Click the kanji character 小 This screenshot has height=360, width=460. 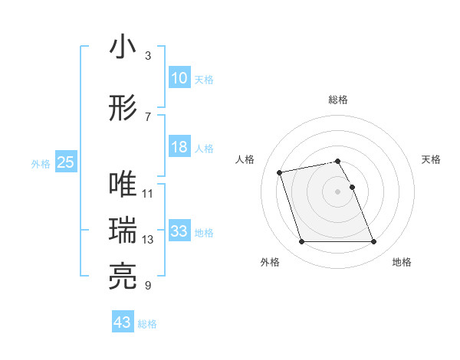pos(123,47)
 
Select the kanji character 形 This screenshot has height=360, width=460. pos(123,108)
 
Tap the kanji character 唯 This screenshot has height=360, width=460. pos(123,185)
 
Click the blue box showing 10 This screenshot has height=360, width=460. pos(179,78)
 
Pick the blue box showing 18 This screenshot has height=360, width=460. pos(179,147)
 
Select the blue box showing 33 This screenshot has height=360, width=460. pos(179,231)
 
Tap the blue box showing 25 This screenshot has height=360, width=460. pos(65,162)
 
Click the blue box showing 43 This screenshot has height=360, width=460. pos(123,322)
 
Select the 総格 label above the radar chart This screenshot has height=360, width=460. pos(338,100)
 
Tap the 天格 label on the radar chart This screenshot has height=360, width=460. pos(432,159)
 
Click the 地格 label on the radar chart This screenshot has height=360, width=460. pos(402,263)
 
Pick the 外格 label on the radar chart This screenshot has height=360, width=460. pos(270,263)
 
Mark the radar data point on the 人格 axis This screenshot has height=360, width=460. pos(280,172)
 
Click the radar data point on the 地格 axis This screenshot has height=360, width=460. pos(373,242)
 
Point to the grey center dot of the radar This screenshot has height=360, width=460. pos(338,191)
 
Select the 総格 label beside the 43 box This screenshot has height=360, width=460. pos(147,324)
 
